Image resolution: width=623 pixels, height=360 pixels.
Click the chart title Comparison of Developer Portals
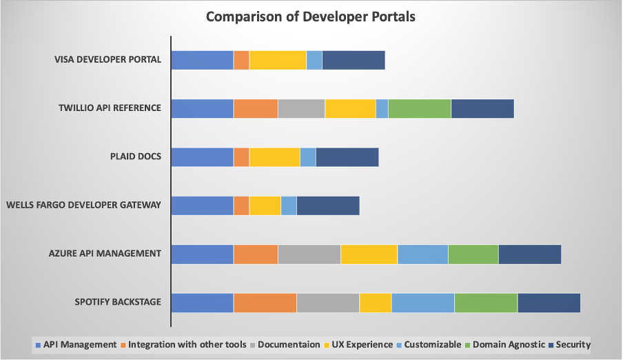311,17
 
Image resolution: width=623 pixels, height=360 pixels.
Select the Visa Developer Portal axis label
108,59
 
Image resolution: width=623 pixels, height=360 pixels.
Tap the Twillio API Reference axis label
110,108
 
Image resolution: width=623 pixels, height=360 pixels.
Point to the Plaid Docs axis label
136,156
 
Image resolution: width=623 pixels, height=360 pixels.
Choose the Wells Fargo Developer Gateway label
83,205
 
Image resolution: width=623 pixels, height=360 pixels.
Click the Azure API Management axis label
105,253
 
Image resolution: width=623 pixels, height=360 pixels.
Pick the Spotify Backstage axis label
118,302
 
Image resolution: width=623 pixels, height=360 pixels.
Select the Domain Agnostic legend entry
509,344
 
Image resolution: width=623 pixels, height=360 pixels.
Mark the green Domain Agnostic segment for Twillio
419,108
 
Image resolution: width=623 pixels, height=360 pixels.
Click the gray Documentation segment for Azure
309,254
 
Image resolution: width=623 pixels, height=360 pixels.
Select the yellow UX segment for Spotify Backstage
375,302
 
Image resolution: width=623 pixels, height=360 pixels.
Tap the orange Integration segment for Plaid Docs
241,157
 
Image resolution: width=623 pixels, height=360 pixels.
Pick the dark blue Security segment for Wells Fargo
327,206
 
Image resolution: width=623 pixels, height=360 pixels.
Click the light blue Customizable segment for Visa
314,60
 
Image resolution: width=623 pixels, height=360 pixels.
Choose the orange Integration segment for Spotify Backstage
265,302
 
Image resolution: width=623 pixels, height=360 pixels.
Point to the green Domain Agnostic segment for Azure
473,254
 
